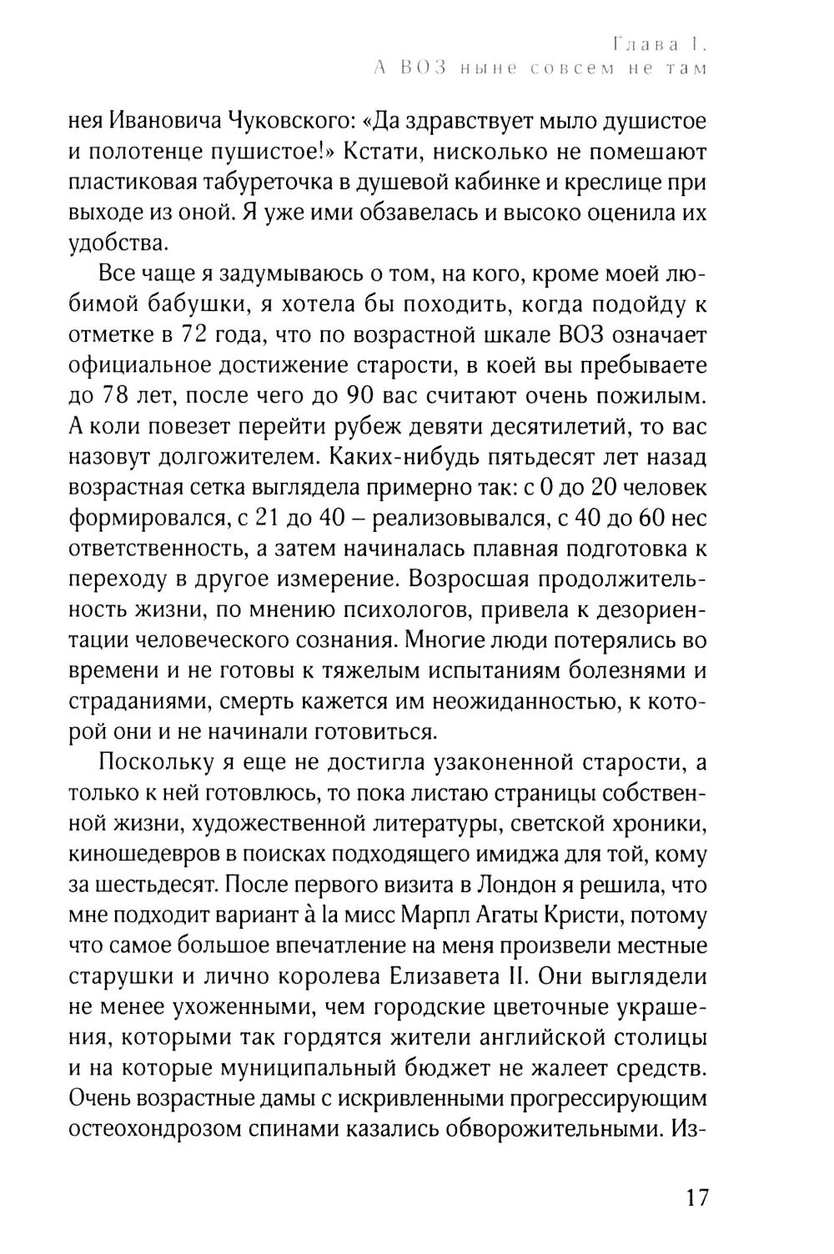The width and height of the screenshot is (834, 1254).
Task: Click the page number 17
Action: pos(697,1198)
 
